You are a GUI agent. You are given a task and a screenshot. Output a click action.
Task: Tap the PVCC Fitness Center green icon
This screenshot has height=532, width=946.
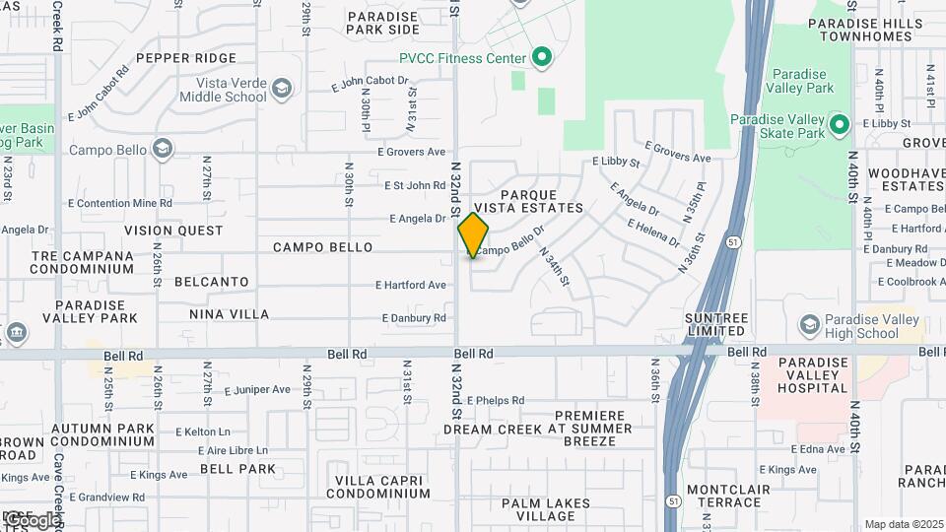[541, 58]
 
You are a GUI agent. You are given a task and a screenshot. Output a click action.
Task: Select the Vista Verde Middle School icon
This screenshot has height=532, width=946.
[282, 90]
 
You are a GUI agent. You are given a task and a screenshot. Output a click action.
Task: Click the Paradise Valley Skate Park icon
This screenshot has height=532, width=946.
[839, 124]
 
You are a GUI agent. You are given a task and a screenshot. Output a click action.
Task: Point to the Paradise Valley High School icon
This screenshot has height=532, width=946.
[809, 325]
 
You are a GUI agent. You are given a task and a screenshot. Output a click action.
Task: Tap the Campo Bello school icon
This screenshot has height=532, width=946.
[163, 150]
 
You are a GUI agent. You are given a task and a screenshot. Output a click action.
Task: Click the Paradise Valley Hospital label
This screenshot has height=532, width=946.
[812, 375]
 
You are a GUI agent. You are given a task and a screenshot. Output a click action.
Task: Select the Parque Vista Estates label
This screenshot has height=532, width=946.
[541, 201]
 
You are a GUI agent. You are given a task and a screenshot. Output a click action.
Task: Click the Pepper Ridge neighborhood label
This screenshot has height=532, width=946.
[186, 58]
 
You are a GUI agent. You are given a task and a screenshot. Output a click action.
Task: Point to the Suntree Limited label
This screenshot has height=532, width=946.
[716, 325]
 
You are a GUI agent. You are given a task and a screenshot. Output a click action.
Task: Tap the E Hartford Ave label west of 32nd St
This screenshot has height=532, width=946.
[411, 285]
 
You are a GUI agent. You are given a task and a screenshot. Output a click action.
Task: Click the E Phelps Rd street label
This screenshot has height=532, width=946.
[496, 400]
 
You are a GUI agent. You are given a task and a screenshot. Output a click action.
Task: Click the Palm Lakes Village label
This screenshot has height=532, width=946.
[538, 509]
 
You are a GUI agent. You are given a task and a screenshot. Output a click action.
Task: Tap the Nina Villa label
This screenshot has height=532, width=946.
[229, 314]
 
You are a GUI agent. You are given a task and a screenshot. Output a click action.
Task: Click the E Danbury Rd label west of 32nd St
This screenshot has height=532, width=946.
[415, 318]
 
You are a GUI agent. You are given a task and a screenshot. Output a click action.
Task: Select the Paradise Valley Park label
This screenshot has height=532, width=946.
[803, 81]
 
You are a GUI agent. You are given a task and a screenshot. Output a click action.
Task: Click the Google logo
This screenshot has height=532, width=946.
[32, 519]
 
